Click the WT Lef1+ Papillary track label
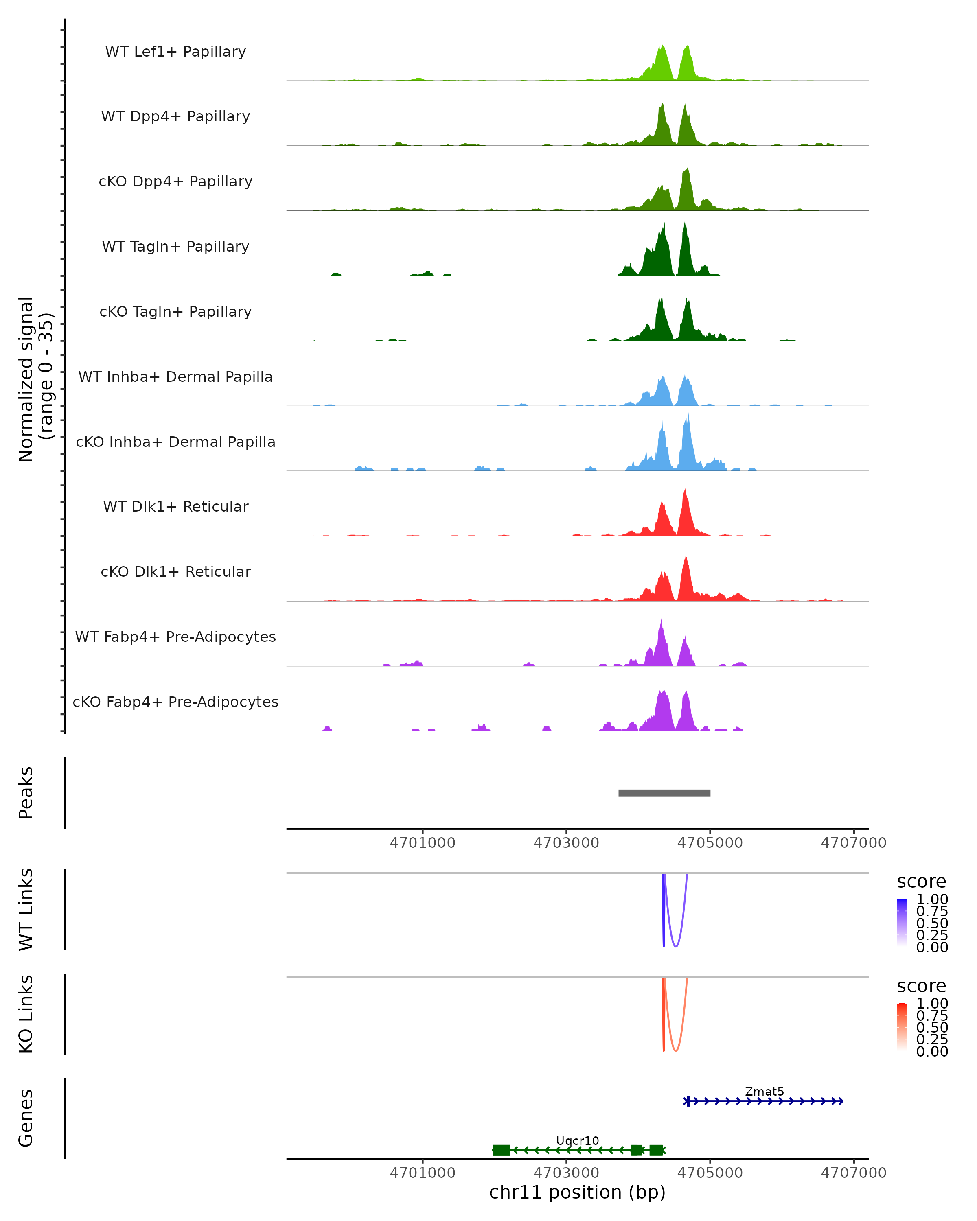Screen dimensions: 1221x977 point(175,52)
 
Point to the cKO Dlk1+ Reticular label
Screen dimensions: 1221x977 point(175,571)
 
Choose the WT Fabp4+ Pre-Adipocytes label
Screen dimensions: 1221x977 point(175,637)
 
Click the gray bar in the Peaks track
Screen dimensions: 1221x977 point(664,793)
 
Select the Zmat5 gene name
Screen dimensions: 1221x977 point(764,1091)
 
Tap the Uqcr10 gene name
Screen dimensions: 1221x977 point(577,1140)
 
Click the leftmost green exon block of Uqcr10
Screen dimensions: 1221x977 point(501,1150)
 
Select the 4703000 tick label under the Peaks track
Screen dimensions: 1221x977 point(566,843)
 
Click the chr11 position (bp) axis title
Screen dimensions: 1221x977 point(577,1193)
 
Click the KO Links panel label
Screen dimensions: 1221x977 point(26,1014)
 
